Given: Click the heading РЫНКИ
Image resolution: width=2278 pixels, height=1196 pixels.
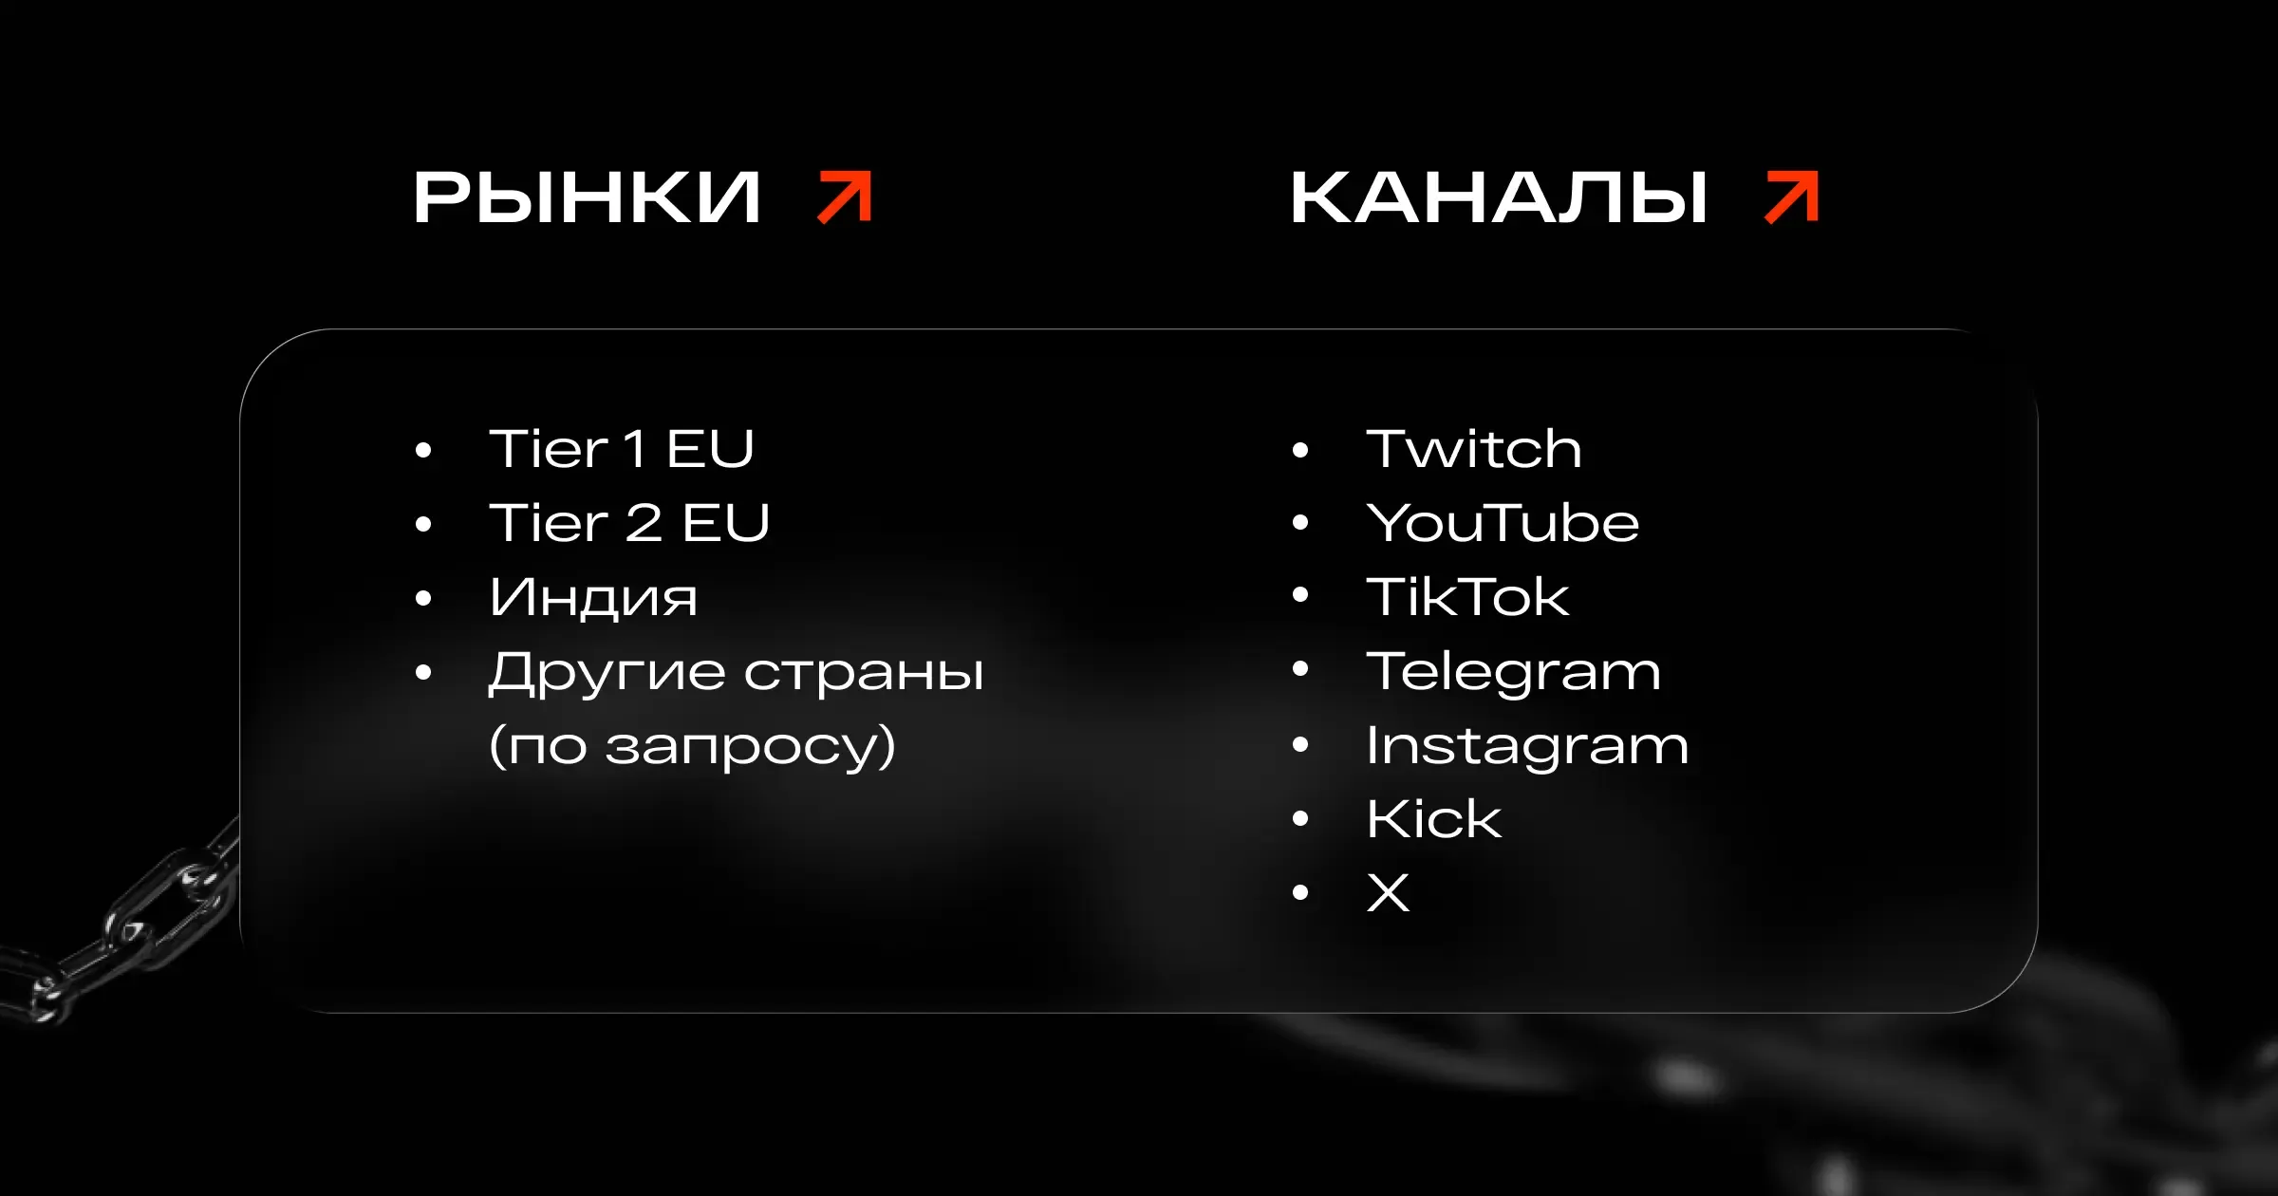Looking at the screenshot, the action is (x=587, y=197).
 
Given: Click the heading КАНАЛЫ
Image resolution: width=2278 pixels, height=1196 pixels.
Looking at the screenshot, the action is (x=1499, y=197).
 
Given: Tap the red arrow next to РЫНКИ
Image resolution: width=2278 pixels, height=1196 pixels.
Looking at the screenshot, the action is (x=845, y=197).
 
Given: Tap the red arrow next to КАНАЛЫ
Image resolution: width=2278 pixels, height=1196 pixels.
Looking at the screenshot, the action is (x=1791, y=197).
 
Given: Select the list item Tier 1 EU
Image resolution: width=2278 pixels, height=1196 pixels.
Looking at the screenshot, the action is (x=622, y=448).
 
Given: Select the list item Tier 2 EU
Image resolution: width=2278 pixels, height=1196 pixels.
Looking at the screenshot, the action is (x=629, y=522).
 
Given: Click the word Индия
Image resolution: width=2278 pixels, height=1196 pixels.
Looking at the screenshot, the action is (x=593, y=597).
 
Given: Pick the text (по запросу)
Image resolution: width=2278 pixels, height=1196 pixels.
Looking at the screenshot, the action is (x=692, y=746).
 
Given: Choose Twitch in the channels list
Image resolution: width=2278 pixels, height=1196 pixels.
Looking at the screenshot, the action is (x=1474, y=448).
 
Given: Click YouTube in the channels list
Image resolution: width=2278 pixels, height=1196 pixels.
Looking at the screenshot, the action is (x=1503, y=522).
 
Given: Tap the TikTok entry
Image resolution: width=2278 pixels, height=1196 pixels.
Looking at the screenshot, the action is (x=1467, y=596).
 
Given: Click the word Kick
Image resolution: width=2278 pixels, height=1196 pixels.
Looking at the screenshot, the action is (x=1433, y=818).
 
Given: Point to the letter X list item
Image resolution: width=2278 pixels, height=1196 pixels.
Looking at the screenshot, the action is (x=1388, y=892).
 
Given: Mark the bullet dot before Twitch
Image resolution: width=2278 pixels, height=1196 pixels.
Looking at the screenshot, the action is (x=1300, y=450).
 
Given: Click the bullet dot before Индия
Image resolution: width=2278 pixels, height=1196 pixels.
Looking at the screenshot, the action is (x=423, y=598).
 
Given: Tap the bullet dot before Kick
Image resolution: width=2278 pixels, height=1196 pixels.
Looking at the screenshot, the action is (x=1300, y=819).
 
